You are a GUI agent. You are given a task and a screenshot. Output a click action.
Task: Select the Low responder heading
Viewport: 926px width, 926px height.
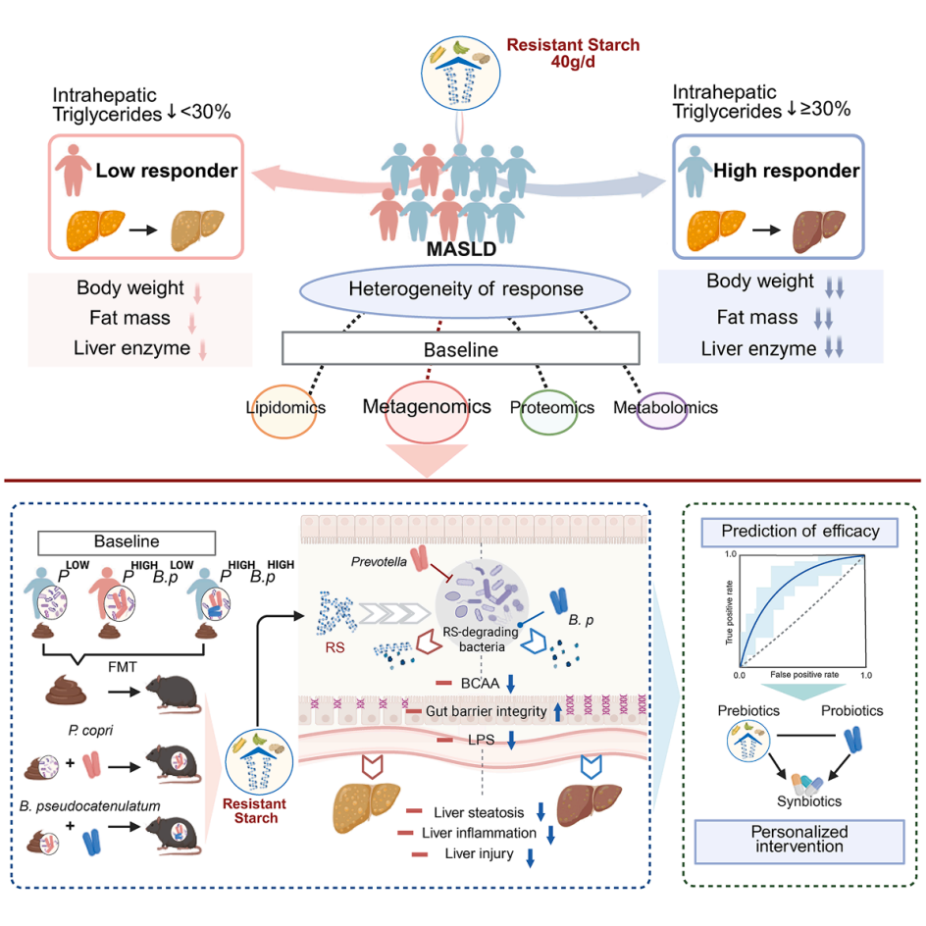(x=167, y=172)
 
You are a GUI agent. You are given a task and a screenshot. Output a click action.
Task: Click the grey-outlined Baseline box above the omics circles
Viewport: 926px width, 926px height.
(x=460, y=348)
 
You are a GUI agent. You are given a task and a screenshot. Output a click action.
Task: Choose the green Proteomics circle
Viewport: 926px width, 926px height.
(x=552, y=409)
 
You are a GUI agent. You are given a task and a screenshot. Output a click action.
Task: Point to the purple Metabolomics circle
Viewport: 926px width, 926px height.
(x=664, y=409)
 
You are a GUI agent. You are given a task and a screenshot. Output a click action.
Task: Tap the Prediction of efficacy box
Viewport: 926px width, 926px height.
(x=800, y=533)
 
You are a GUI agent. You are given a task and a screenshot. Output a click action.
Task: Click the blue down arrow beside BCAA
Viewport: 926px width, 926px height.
(x=510, y=683)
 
